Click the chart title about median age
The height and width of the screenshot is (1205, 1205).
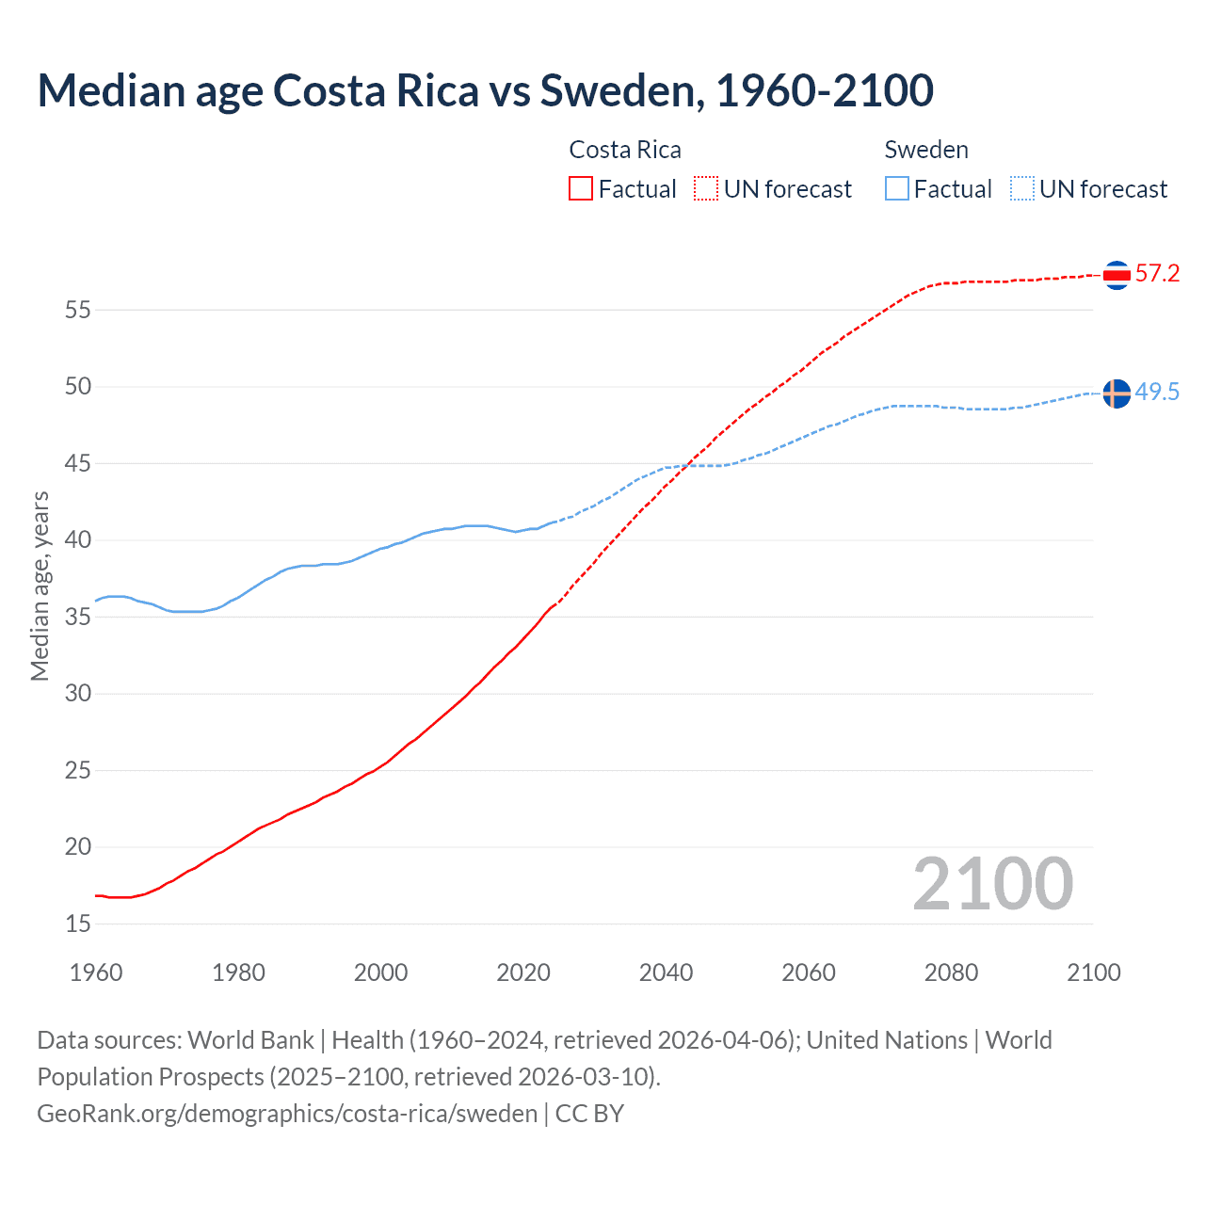485,90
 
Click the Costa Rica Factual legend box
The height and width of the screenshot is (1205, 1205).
581,189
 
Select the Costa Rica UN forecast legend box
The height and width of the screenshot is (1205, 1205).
706,189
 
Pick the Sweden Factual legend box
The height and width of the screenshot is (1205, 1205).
896,189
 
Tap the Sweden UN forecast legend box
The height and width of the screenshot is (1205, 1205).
1021,189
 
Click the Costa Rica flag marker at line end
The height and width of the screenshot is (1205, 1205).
1117,275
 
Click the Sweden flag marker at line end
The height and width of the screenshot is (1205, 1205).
1117,394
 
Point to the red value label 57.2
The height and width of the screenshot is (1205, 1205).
1157,274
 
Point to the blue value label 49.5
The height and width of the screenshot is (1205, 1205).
1157,393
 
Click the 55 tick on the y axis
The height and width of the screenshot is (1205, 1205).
78,310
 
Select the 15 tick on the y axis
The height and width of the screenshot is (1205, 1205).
78,924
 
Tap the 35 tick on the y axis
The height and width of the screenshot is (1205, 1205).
78,618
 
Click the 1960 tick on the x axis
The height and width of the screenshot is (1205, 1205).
96,972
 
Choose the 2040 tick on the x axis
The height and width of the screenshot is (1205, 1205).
666,972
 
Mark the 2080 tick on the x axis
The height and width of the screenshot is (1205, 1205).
951,972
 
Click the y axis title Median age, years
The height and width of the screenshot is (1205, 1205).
40,586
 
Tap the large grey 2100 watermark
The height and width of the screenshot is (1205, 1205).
992,884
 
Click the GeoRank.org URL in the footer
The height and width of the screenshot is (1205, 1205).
287,1114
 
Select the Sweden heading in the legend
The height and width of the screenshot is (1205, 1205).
926,150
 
